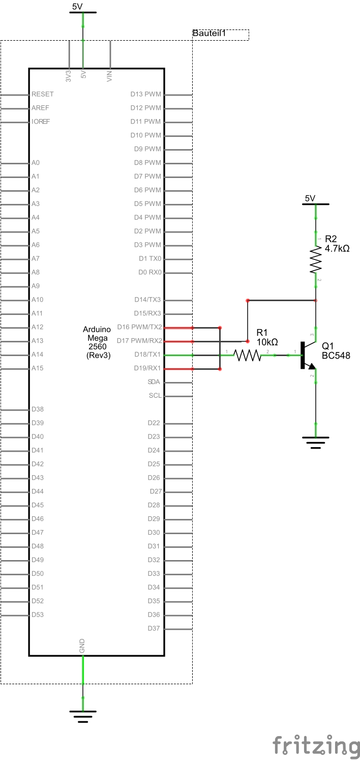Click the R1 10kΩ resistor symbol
[x=247, y=355]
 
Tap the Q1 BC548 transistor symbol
[x=307, y=355]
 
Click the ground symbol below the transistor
[x=316, y=442]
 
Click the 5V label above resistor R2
[x=310, y=198]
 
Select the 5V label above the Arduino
[x=77, y=7]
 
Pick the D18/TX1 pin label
[x=147, y=355]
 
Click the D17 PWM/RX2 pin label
[x=139, y=341]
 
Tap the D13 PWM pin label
[x=145, y=94]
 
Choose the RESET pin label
[x=42, y=94]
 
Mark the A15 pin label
[x=37, y=368]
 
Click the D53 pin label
[x=37, y=615]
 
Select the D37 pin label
[x=154, y=628]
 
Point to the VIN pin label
[x=109, y=76]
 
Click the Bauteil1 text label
[x=208, y=34]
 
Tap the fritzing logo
[x=315, y=745]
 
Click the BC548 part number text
[x=336, y=355]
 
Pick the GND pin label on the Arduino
[x=82, y=646]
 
